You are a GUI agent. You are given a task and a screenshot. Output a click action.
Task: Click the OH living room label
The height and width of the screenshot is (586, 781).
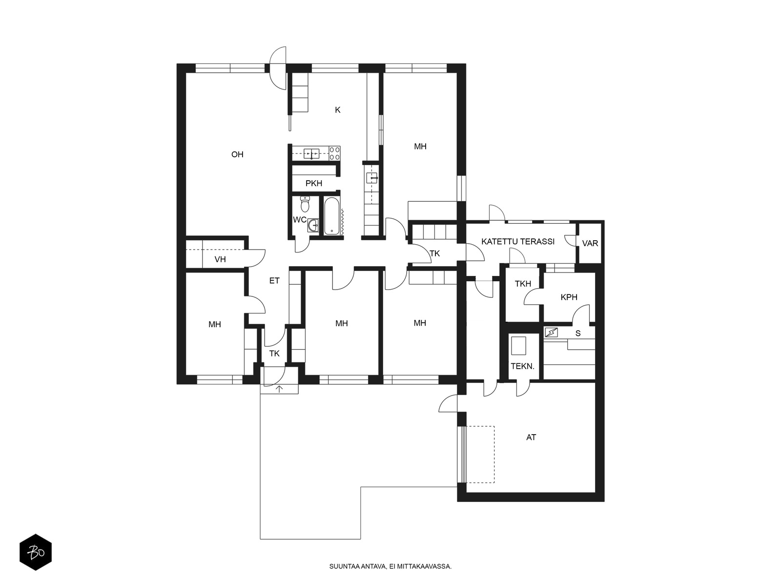tap(237, 154)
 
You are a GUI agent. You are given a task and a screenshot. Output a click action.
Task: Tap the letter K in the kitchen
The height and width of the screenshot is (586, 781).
tap(338, 110)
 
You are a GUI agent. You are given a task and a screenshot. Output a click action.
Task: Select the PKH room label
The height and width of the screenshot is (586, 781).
tap(314, 183)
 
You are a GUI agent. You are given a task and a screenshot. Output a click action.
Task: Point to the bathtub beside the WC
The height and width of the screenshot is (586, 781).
tap(331, 216)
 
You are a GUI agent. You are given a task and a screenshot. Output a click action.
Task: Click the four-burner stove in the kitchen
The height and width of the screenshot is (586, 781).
tap(334, 153)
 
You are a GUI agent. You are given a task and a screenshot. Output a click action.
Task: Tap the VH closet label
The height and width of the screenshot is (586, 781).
tap(220, 259)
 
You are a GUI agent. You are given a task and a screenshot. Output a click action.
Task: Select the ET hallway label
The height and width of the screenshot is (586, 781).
tap(274, 281)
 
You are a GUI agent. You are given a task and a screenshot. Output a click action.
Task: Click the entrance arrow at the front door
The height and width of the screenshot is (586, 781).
tap(279, 389)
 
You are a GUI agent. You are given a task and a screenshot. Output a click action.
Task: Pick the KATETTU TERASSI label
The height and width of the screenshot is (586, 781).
tap(518, 242)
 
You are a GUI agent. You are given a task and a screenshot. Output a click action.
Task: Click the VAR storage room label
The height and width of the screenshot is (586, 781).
tap(590, 243)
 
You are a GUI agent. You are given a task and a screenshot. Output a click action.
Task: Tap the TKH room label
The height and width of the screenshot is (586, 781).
tap(523, 284)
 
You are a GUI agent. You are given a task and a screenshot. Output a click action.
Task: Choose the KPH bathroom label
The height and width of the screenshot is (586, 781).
tap(569, 297)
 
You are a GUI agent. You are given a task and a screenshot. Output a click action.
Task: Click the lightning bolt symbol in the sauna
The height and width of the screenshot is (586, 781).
tap(551, 333)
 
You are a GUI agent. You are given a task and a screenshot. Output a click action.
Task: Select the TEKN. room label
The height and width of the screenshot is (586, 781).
tap(523, 366)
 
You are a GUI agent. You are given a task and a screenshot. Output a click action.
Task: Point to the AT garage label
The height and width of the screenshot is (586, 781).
tap(531, 437)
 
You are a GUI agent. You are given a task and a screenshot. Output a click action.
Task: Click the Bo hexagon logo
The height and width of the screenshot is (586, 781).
tap(36, 552)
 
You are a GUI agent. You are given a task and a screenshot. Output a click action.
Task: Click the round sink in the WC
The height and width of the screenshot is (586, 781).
tap(313, 225)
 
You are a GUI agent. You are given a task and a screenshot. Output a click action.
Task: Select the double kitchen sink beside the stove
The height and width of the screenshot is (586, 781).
tap(312, 154)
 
